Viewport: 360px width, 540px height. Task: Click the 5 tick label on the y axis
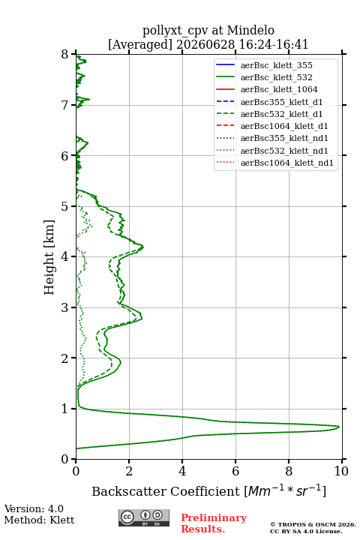[x=65, y=207]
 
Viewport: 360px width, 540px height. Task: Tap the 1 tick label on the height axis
[x=65, y=409]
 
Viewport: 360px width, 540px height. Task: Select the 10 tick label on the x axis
[x=341, y=471]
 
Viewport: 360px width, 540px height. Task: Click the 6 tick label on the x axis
[x=235, y=471]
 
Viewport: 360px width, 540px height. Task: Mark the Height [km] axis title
[x=49, y=257]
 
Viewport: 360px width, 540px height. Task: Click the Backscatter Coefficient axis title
[x=208, y=490]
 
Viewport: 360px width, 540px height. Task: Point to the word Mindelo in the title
[x=250, y=30]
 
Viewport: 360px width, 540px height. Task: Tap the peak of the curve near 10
[x=339, y=427]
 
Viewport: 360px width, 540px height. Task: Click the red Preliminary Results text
[x=214, y=523]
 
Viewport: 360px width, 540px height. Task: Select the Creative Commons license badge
[x=144, y=518]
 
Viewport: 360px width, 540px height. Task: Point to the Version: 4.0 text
[x=34, y=508]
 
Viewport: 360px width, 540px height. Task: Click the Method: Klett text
[x=39, y=520]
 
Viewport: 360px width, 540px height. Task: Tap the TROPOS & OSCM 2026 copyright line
[x=313, y=524]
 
